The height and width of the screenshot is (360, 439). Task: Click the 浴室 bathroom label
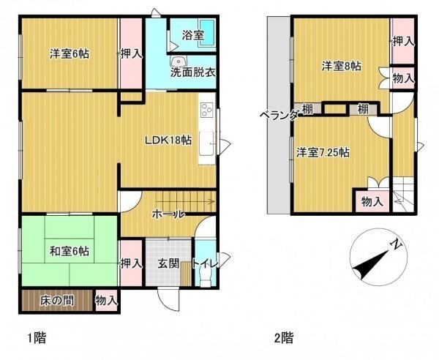(193, 36)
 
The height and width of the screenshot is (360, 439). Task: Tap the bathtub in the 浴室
(207, 34)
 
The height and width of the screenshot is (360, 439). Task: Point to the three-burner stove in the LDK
(207, 110)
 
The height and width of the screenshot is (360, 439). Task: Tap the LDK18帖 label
(168, 140)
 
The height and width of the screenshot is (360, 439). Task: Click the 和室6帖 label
(70, 251)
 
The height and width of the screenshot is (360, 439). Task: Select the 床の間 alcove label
(57, 301)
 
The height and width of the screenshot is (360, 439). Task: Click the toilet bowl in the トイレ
(205, 278)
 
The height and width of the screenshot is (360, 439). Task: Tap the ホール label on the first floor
(168, 214)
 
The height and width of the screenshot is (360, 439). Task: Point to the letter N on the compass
(397, 245)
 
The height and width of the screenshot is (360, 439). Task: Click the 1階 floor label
(37, 338)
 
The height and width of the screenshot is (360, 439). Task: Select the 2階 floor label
(284, 338)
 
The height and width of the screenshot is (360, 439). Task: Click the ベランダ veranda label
(279, 115)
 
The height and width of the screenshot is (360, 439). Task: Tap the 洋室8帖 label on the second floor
(341, 67)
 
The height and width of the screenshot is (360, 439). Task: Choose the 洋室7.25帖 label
(323, 153)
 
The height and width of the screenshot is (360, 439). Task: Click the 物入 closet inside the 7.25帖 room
(372, 201)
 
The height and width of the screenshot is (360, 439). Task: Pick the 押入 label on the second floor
(403, 42)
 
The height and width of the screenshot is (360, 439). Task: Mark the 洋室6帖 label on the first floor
(70, 53)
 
